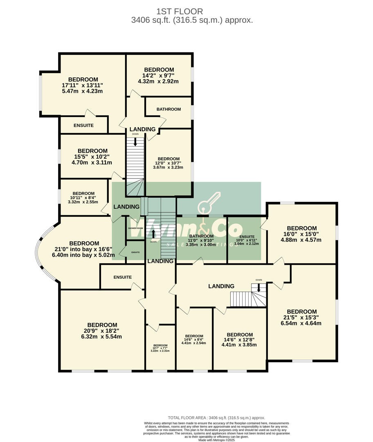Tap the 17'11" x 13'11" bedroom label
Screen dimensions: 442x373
(83, 85)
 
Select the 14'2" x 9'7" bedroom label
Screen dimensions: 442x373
(158, 75)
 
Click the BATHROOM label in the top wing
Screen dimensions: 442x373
(169, 109)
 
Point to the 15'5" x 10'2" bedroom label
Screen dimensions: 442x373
(92, 156)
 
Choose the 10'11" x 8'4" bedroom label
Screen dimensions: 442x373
(83, 197)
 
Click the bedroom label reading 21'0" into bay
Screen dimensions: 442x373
(84, 249)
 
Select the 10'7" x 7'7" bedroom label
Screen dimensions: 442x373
(160, 348)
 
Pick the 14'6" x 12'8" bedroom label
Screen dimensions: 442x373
(239, 339)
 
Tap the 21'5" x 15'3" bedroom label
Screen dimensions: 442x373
(301, 317)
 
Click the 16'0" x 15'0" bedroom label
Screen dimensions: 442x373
(301, 234)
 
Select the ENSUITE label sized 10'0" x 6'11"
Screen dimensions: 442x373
(247, 240)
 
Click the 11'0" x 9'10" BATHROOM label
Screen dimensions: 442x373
(201, 240)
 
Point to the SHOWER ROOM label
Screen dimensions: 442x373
(135, 228)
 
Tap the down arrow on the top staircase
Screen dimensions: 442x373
(135, 142)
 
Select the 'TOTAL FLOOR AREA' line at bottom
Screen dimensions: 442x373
(216, 417)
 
